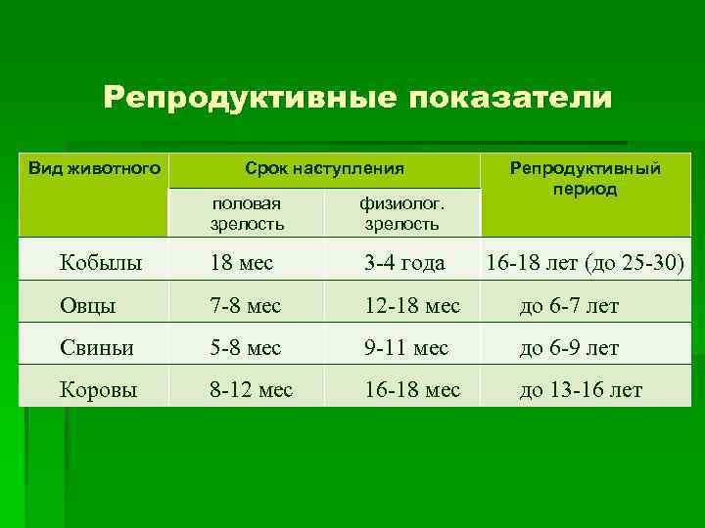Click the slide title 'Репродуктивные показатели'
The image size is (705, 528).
[357, 98]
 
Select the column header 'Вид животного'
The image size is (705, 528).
[94, 168]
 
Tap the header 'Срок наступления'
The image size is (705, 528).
[324, 168]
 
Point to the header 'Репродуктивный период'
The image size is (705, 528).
[585, 178]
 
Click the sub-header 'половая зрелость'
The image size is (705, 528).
[247, 213]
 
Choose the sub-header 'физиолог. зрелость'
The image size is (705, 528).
[401, 213]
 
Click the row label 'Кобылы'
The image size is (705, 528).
[100, 262]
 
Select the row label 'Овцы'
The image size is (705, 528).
[87, 306]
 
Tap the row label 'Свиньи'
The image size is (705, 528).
[97, 348]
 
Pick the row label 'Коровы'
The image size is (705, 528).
[98, 390]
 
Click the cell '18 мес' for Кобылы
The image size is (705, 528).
[241, 262]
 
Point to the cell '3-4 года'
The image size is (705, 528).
[404, 262]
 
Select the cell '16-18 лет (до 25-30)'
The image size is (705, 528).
[583, 262]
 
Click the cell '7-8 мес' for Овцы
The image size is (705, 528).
[245, 306]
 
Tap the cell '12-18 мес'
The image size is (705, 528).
[411, 306]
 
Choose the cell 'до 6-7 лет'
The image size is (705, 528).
[569, 306]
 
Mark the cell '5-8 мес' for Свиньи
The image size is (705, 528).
[245, 348]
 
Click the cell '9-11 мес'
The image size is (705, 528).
[406, 348]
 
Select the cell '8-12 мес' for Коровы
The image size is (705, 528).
[251, 390]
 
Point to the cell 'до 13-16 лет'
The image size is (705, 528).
[581, 390]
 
